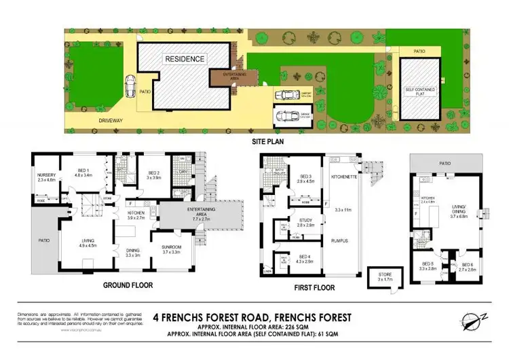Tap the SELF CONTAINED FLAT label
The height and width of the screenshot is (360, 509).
(x=418, y=91)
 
